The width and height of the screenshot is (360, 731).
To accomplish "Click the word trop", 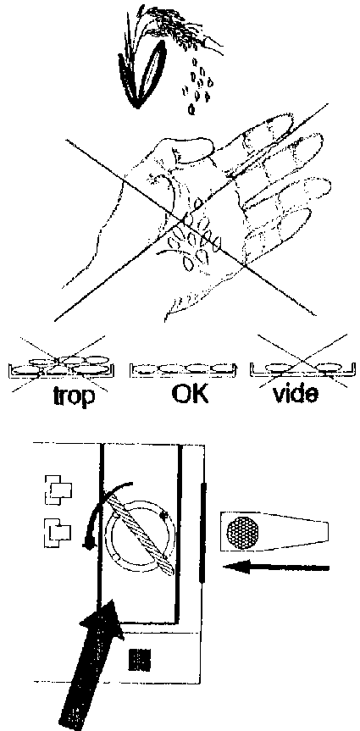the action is (74, 396).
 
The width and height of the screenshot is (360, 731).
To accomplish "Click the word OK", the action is (190, 394).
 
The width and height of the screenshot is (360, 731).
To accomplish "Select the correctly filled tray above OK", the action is (183, 369).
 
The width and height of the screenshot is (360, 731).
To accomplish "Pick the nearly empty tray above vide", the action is (301, 368).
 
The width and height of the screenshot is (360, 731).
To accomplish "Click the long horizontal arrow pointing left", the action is (276, 568).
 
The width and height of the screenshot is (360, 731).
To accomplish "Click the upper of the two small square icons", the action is (58, 490).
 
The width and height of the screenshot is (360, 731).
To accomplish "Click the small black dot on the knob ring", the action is (163, 515).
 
